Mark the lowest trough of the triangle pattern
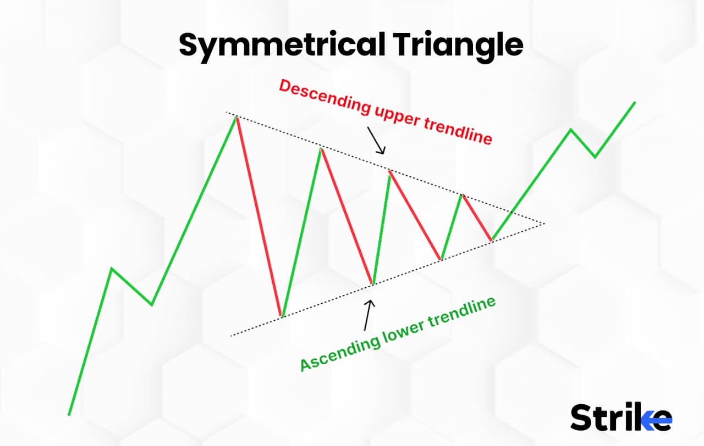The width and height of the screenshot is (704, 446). tap(281, 316)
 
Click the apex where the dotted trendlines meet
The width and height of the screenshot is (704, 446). tap(543, 224)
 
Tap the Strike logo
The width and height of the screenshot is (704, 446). tap(621, 417)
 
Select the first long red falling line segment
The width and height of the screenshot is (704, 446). tap(258, 217)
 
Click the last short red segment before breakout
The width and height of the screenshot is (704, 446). tap(477, 218)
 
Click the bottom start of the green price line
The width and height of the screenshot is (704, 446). tap(69, 414)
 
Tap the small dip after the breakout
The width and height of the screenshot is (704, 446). tap(595, 157)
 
